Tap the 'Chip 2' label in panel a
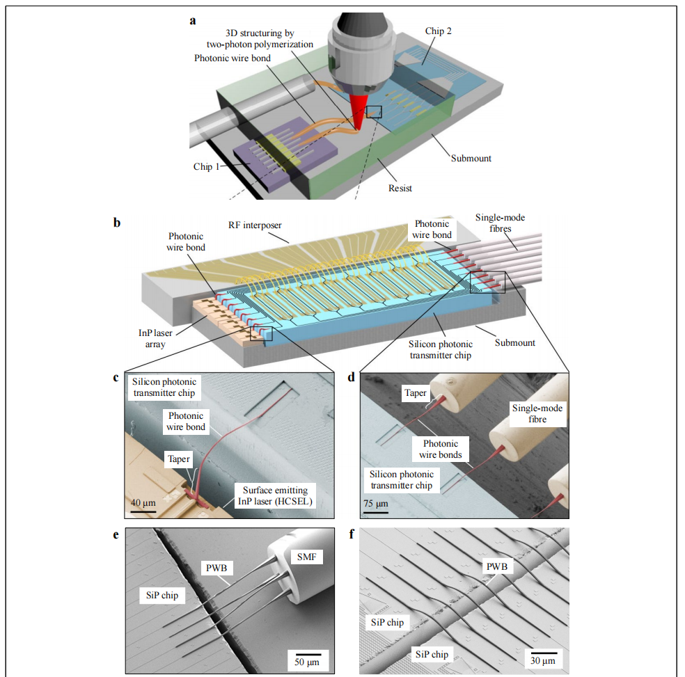click(x=439, y=31)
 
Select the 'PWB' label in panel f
click(x=496, y=567)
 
